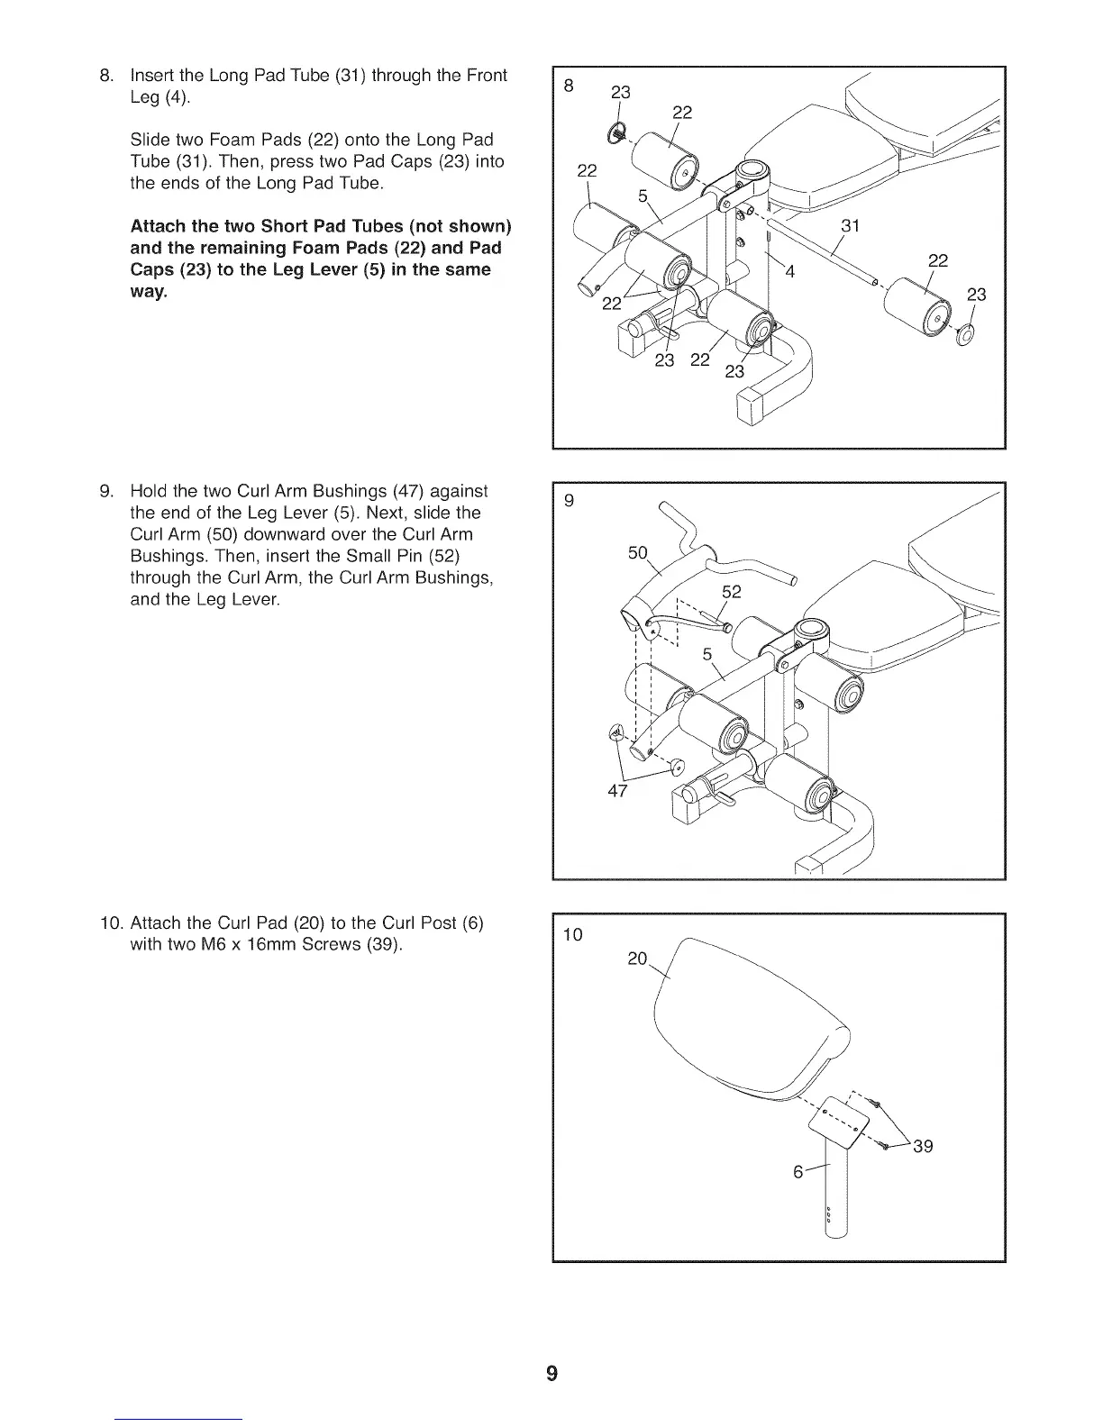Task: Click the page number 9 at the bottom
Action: pos(551,1373)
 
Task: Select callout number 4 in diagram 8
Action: pos(789,273)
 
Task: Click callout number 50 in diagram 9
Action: pos(637,552)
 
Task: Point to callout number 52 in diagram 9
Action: pos(731,592)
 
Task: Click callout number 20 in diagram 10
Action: pos(636,959)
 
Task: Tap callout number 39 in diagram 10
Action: pos(923,1147)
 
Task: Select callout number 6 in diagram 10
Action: pos(798,1173)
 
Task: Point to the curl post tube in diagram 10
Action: pos(837,1189)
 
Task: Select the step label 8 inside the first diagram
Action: pos(568,86)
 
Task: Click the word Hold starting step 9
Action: pos(149,491)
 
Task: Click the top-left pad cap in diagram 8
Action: pos(619,133)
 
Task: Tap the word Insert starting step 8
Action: pos(153,75)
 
